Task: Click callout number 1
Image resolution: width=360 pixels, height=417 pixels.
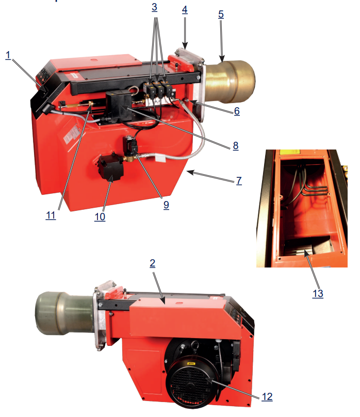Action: point(8,55)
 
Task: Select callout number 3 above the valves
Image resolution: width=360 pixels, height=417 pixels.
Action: point(154,7)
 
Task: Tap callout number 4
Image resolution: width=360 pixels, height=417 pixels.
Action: point(185,10)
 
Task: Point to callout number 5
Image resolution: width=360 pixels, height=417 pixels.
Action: point(221,14)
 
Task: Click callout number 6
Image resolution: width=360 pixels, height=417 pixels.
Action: point(237,111)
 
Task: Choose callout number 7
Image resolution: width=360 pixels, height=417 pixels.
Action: point(239,180)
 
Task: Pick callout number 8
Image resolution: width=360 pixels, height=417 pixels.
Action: point(236,146)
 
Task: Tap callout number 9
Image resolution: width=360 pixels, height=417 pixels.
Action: point(166,205)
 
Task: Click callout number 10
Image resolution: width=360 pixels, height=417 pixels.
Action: point(100,217)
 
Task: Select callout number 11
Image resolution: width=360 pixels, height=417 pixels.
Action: point(51,215)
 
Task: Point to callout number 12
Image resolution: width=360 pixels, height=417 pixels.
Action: point(267,396)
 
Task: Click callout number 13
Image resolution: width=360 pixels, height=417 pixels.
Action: point(318,294)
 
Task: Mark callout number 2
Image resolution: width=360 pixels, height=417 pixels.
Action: point(153,263)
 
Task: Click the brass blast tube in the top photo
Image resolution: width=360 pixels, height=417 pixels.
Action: point(230,81)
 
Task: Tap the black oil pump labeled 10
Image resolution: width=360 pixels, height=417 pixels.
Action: point(110,168)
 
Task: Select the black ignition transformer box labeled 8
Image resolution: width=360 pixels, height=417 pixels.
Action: point(118,106)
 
